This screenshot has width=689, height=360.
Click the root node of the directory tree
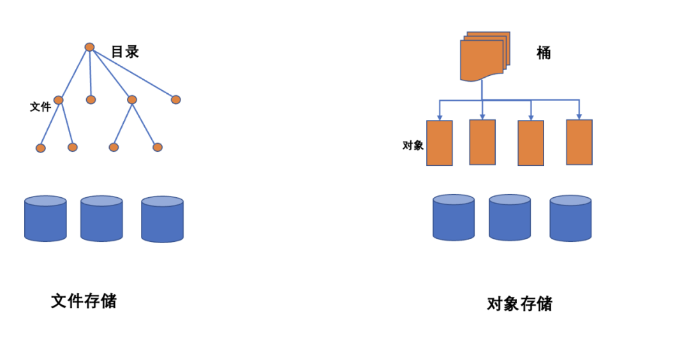[x=89, y=47]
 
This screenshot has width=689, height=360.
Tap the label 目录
[x=125, y=52]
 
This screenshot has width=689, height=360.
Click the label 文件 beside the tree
[x=40, y=107]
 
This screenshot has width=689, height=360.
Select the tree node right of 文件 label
[x=59, y=100]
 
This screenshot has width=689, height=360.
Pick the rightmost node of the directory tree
[x=176, y=100]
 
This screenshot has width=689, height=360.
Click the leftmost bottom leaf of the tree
[x=41, y=148]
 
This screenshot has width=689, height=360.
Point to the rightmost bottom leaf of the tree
[x=158, y=147]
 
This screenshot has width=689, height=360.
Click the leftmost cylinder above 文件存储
[x=45, y=219]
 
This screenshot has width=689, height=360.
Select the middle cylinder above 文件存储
[x=101, y=219]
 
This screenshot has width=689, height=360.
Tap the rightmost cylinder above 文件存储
[x=162, y=219]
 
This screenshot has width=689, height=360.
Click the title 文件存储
[x=84, y=301]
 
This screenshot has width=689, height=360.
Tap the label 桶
[x=544, y=53]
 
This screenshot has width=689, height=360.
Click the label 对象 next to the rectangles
[x=413, y=145]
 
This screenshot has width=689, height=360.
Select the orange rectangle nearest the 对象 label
[x=439, y=143]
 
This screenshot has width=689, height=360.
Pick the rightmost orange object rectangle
[x=579, y=142]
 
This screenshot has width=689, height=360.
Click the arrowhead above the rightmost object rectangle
[x=579, y=116]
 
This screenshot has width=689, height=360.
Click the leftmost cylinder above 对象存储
[x=454, y=218]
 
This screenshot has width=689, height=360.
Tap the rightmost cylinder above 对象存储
[x=570, y=218]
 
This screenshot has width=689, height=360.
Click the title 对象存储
[x=519, y=304]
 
